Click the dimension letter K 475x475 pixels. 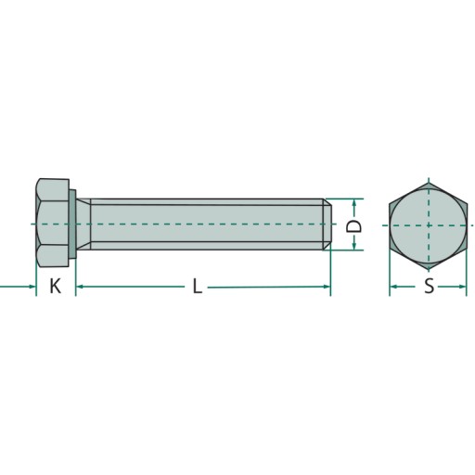click(56, 286)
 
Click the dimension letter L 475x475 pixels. click(198, 286)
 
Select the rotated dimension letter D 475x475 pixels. click(353, 226)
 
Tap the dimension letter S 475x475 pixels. click(429, 287)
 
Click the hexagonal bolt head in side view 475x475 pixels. click(53, 223)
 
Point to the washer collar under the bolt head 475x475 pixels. click(72, 225)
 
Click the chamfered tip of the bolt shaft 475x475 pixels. click(327, 225)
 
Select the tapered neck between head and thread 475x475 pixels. click(83, 225)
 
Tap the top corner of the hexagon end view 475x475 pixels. click(429, 183)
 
